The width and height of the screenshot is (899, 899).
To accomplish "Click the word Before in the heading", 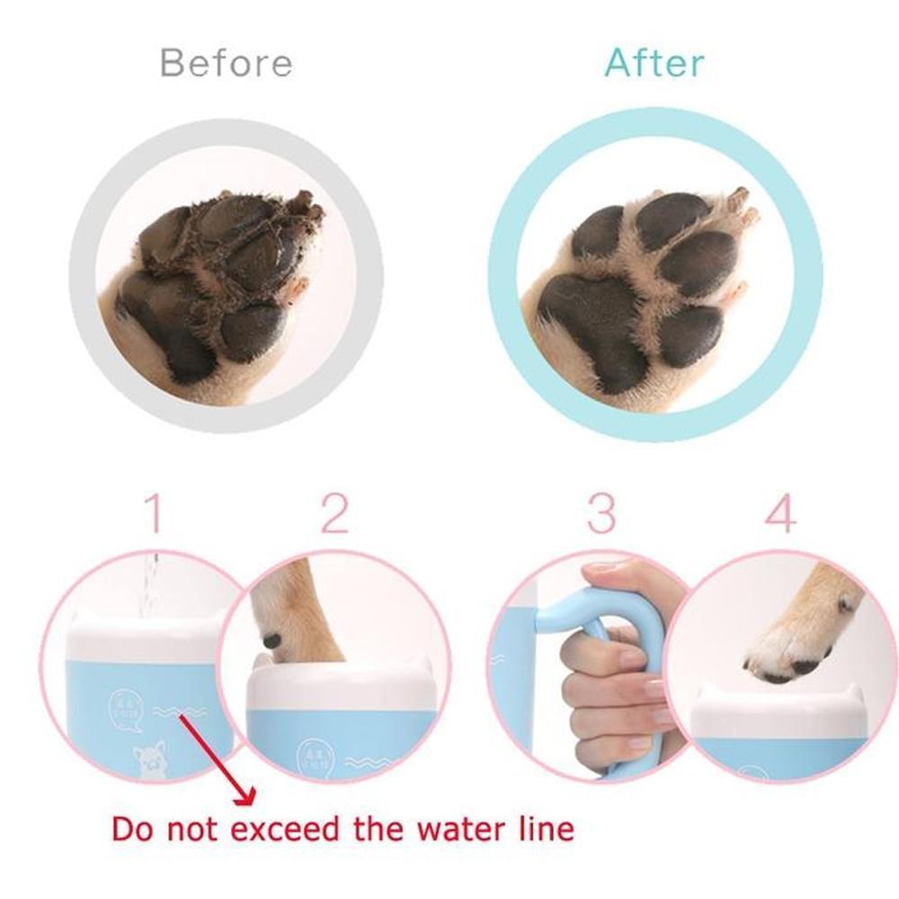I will [x=226, y=64].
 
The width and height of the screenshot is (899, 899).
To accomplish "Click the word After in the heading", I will [x=654, y=63].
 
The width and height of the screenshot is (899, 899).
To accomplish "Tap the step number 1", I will [x=154, y=513].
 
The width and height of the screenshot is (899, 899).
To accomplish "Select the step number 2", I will [x=334, y=513].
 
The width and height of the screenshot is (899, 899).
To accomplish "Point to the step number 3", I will [x=601, y=513].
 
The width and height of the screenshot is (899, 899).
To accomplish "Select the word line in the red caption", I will [x=539, y=827].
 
